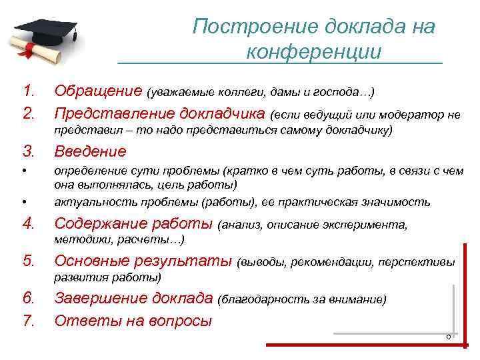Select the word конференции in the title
pos(313,52)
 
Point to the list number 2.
pos(28,115)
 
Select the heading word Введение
pos(90,151)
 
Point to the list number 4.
pos(28,224)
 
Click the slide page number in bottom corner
pos(449,337)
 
